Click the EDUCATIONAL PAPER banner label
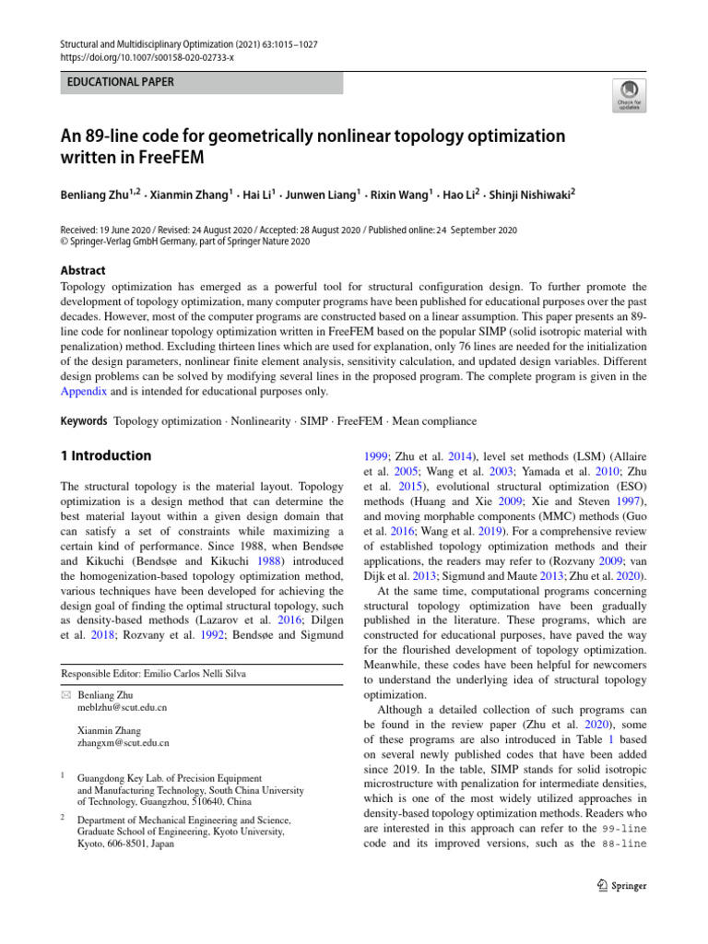(121, 83)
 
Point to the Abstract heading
(82, 270)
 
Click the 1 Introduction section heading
(105, 455)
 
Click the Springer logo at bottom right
(622, 886)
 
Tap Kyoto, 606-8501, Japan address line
(126, 843)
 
